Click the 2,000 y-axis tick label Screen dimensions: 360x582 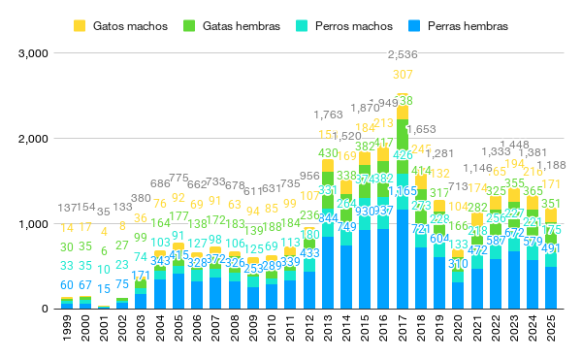click(33, 138)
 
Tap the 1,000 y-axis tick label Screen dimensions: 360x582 click(33, 223)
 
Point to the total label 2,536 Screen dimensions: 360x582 click(403, 53)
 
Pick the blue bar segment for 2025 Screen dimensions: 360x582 click(551, 288)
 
